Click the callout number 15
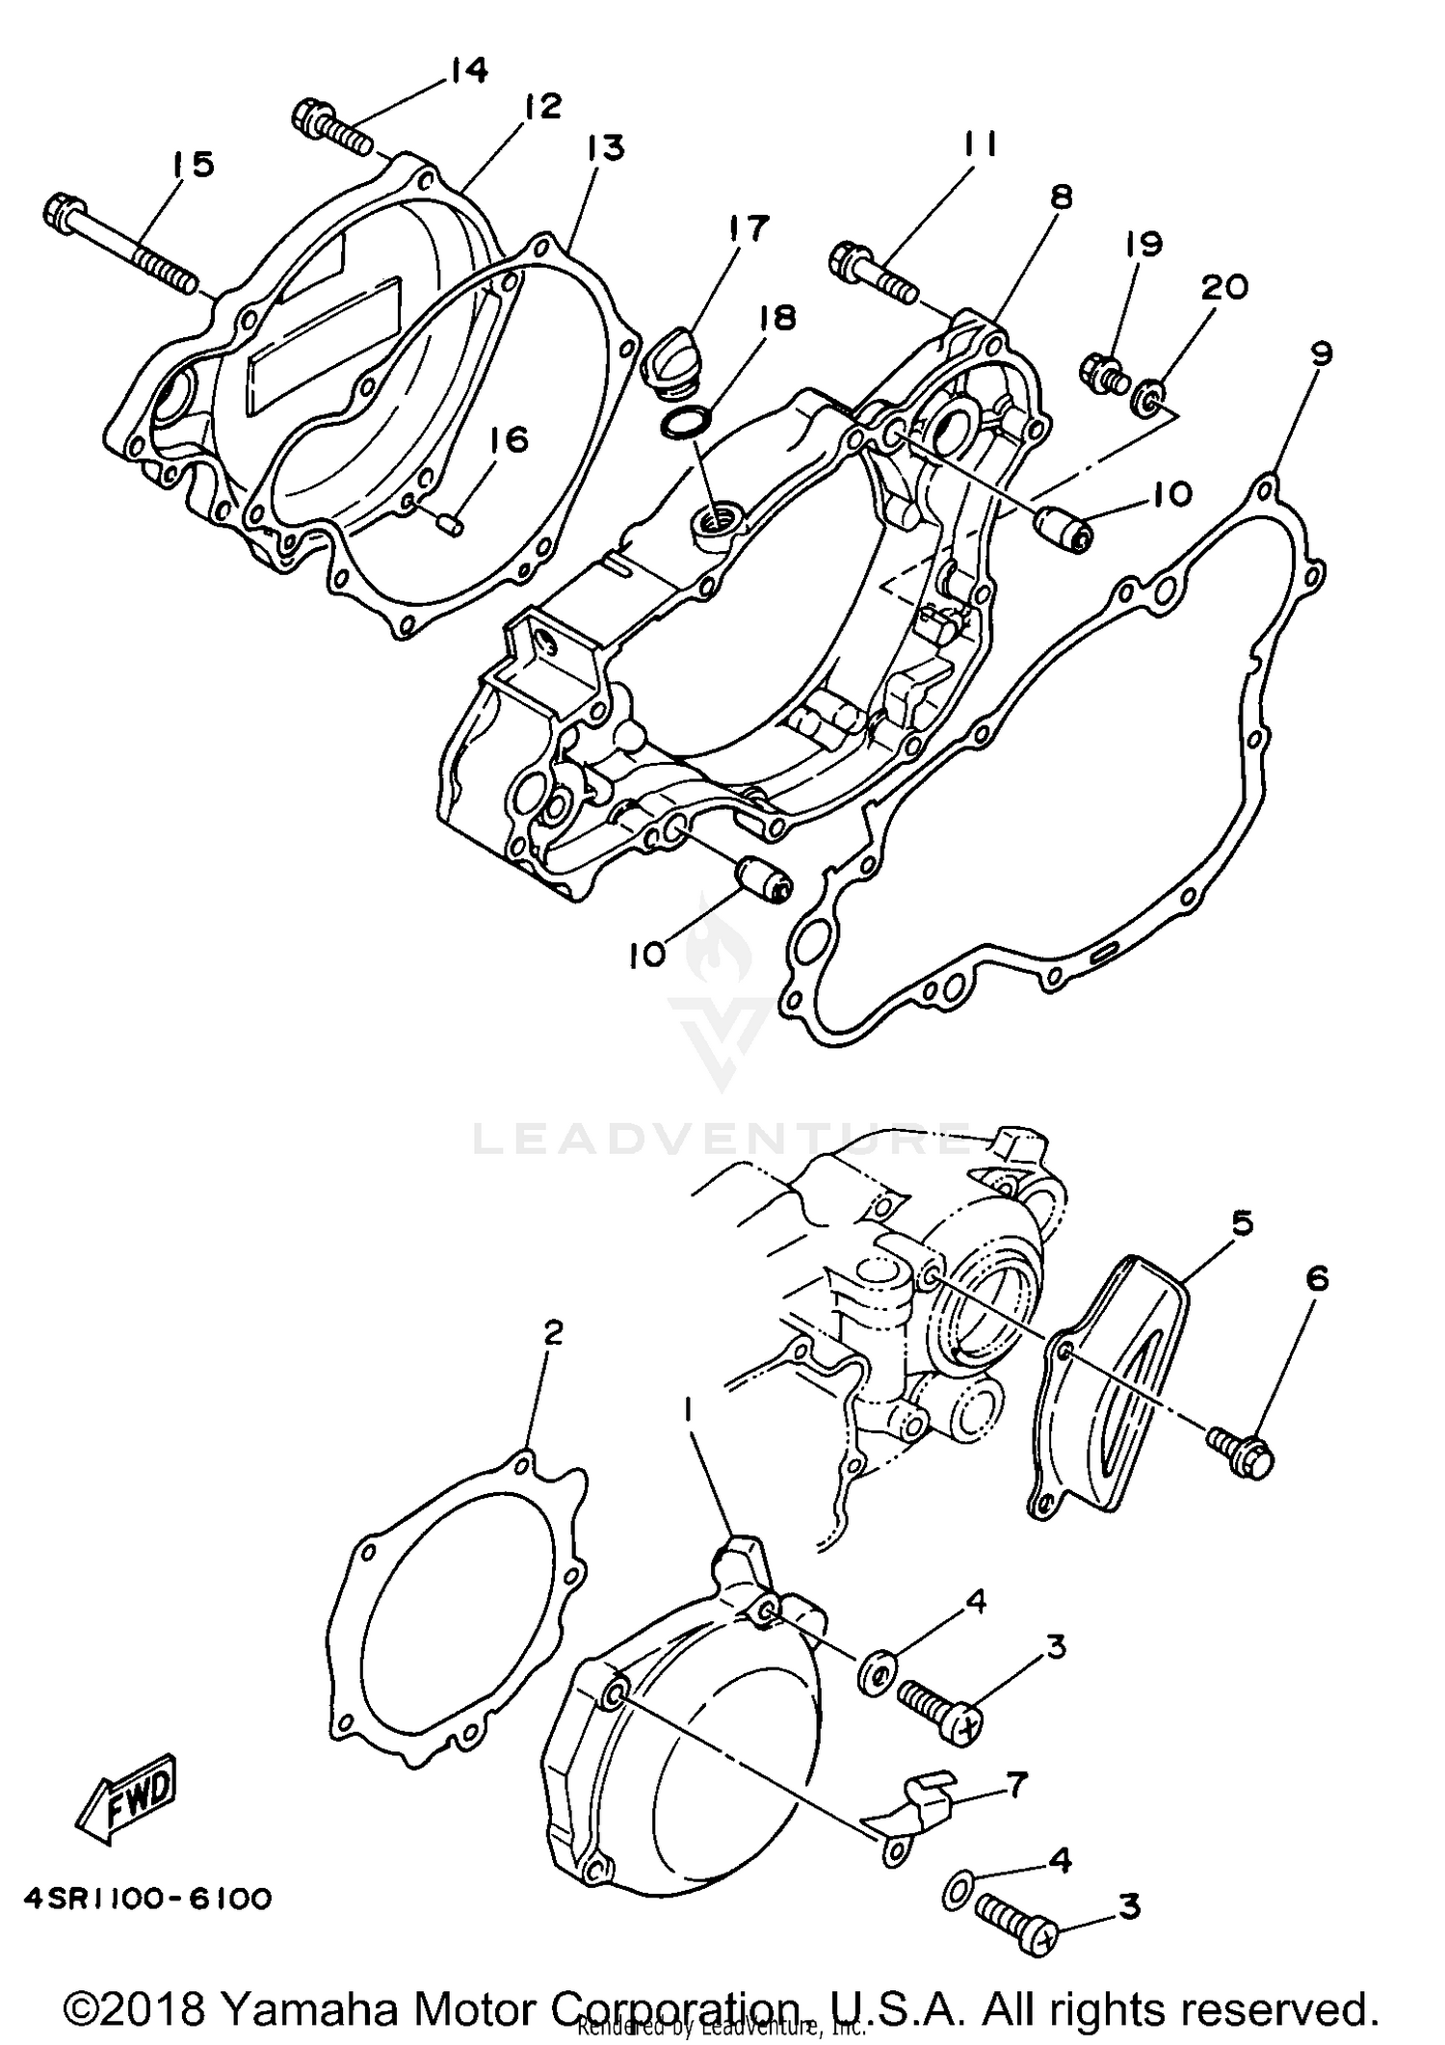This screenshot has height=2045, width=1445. point(193,165)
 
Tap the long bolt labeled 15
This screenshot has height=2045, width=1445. point(120,245)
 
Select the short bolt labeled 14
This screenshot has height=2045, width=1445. point(332,128)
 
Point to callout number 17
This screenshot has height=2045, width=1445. point(749,228)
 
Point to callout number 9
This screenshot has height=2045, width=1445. point(1321,354)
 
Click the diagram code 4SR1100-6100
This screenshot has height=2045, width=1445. point(147,1900)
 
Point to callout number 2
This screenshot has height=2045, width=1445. point(552,1333)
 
